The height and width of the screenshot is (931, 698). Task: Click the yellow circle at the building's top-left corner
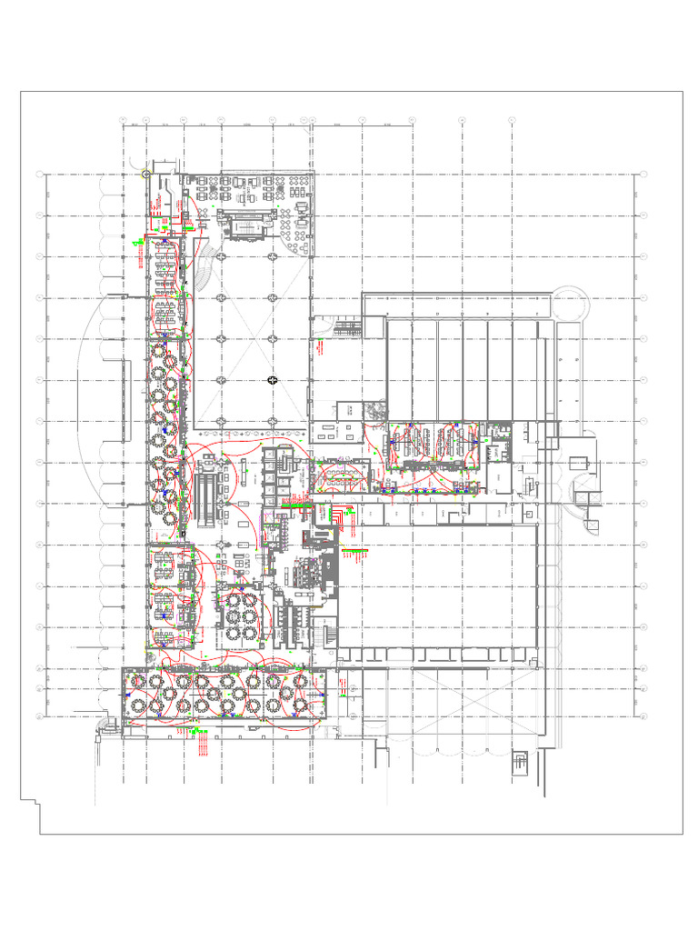[146, 172]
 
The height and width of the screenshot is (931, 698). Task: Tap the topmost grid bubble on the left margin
[37, 174]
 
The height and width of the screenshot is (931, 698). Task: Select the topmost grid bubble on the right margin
[643, 174]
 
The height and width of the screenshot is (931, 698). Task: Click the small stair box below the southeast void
[521, 762]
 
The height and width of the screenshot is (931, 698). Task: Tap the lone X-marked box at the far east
[594, 525]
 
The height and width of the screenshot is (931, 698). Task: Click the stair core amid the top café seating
[247, 224]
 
